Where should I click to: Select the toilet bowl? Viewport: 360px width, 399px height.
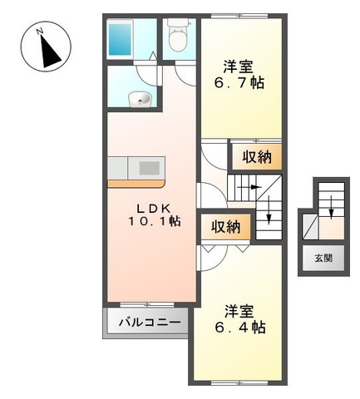tap(177, 37)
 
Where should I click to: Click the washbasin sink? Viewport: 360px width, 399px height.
tap(140, 100)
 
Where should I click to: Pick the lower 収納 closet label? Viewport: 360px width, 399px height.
tap(226, 226)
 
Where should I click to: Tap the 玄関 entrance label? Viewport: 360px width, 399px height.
tap(323, 259)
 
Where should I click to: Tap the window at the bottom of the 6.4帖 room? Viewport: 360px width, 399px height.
tap(238, 382)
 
